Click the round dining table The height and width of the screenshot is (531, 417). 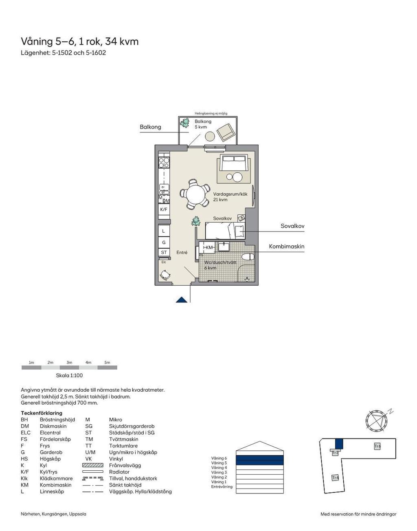pos(196,196)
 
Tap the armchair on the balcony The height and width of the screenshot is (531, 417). pos(226,132)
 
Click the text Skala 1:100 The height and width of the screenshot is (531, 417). pos(69,375)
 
